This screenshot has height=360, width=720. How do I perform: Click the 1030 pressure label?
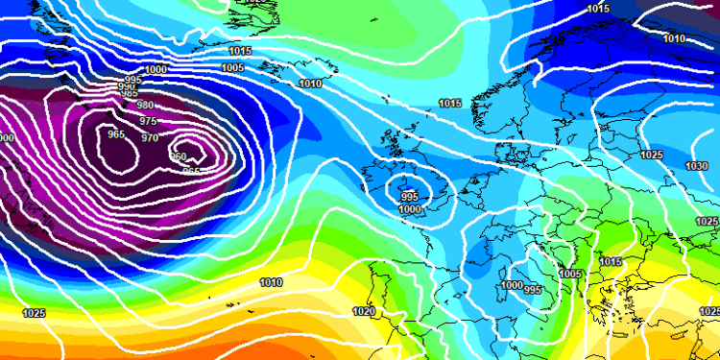pyautogui.click(x=697, y=166)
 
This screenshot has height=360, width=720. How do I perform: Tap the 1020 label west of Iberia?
pyautogui.click(x=364, y=311)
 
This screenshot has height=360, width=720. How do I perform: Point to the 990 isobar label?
pyautogui.click(x=127, y=87)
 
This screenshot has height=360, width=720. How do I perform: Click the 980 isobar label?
pyautogui.click(x=145, y=106)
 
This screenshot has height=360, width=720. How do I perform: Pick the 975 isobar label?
pyautogui.click(x=148, y=122)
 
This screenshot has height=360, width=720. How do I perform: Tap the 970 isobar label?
pyautogui.click(x=151, y=138)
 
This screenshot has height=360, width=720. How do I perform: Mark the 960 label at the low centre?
pyautogui.click(x=179, y=157)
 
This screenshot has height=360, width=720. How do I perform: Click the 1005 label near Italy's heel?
pyautogui.click(x=570, y=274)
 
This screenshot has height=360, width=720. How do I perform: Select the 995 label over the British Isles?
pyautogui.click(x=410, y=196)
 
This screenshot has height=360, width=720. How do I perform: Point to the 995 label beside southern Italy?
pyautogui.click(x=533, y=290)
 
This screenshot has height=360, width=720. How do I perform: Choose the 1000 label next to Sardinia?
pyautogui.click(x=512, y=285)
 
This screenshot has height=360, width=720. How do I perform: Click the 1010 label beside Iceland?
pyautogui.click(x=311, y=84)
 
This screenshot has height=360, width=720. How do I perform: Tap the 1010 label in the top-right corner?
pyautogui.click(x=674, y=38)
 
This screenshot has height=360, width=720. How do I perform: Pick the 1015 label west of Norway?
pyautogui.click(x=449, y=103)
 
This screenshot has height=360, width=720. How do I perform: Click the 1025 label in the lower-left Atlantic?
pyautogui.click(x=34, y=314)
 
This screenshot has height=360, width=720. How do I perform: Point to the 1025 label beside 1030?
pyautogui.click(x=651, y=155)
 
